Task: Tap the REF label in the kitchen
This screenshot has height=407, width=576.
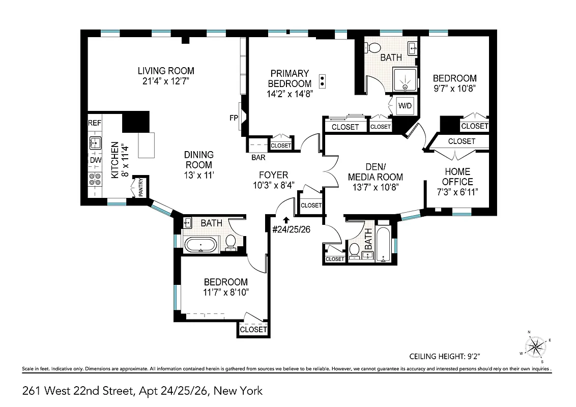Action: (95, 123)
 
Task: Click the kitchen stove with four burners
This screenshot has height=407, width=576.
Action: (95, 179)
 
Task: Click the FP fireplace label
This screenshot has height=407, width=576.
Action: (234, 119)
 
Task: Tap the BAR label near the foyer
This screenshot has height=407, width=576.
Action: (258, 157)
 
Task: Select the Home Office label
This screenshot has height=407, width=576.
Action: (457, 177)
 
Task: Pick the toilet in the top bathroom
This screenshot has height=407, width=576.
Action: (373, 48)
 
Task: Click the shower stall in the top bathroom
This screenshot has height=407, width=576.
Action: (405, 81)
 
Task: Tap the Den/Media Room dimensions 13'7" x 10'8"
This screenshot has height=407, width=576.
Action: (376, 187)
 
